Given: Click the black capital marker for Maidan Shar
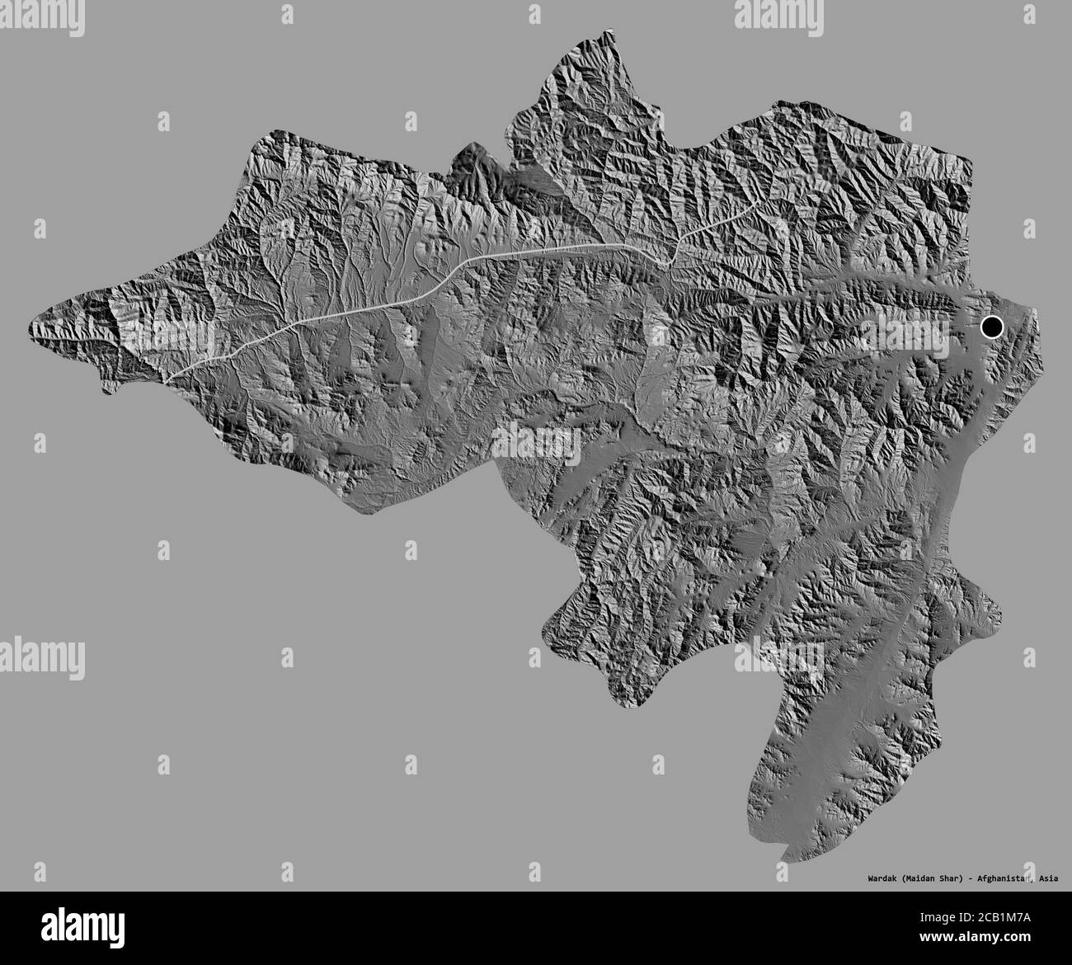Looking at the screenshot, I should click(x=991, y=327).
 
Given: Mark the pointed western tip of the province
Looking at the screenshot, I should click(x=31, y=327).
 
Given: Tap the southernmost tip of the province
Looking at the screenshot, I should click(x=780, y=860).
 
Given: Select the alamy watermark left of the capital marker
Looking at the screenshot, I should click(x=903, y=335).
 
